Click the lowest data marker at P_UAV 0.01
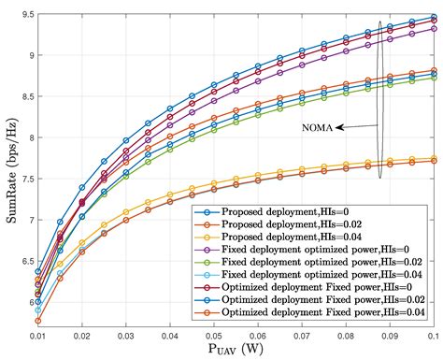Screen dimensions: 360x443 click(x=38, y=320)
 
